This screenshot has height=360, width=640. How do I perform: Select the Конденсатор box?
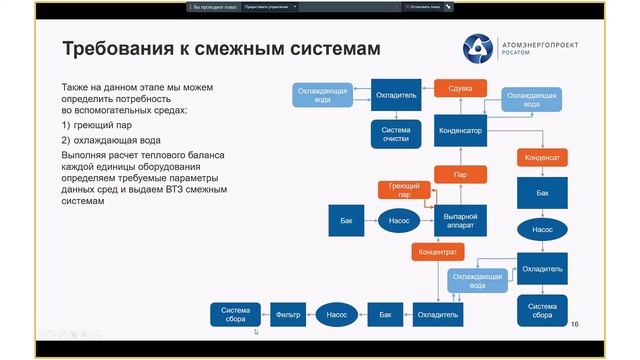(x=459, y=130)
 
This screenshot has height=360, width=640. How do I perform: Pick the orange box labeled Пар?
(x=459, y=174)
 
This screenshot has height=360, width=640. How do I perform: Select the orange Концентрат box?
(x=437, y=251)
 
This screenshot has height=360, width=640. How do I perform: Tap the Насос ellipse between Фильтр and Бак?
(x=336, y=314)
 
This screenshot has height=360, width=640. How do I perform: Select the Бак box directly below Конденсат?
(x=542, y=192)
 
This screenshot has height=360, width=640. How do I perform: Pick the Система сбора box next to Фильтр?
(x=235, y=314)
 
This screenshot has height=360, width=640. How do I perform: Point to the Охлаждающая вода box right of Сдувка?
(x=530, y=99)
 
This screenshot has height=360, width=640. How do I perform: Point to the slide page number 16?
(x=574, y=325)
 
